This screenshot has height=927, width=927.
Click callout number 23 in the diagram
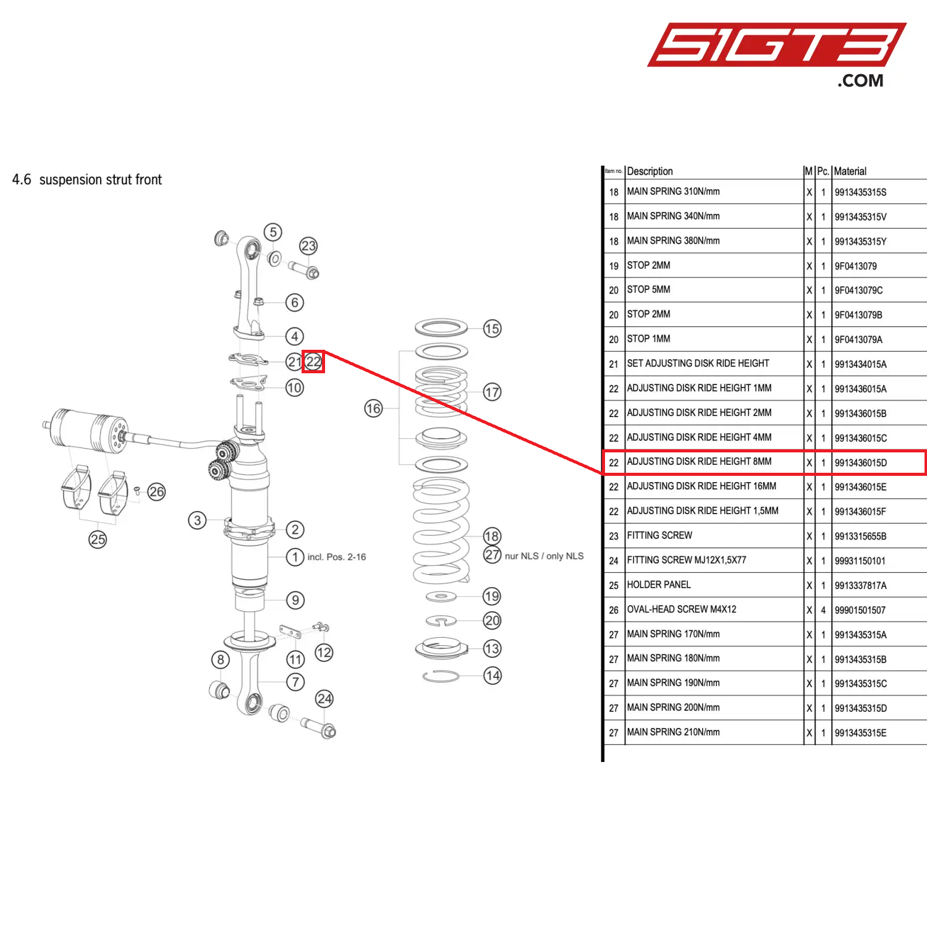point(308,246)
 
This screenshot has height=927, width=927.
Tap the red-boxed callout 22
point(313,362)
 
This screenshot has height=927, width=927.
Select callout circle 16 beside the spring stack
point(373,408)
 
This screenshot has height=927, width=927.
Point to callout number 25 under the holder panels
point(98,539)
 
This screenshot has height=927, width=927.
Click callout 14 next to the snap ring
point(492,675)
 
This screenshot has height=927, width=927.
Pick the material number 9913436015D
point(860,463)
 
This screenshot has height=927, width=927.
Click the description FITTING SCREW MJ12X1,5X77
point(687,561)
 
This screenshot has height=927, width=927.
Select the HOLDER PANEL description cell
point(659,585)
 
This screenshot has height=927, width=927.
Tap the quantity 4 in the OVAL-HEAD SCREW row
point(823,610)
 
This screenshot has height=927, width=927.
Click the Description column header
point(650,171)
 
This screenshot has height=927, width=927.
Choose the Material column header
point(850,171)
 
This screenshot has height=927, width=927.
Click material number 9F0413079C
point(858,290)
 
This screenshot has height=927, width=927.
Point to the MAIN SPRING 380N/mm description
point(673,241)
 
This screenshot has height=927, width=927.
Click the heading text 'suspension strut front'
point(100,180)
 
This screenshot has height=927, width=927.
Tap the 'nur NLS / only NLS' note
point(544,556)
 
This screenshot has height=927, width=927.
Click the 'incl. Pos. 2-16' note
point(336,557)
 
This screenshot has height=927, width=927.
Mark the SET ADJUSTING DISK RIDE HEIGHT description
point(698,363)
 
